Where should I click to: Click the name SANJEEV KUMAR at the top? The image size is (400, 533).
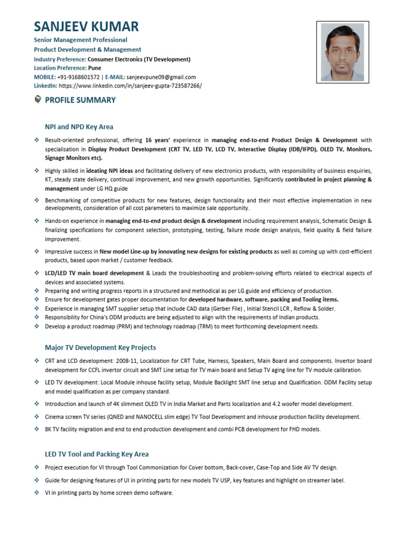[x=86, y=27]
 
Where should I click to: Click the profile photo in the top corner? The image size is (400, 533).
[x=342, y=52]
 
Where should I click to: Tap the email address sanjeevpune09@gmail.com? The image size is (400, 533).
[x=161, y=77]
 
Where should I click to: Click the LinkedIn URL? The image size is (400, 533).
[x=130, y=86]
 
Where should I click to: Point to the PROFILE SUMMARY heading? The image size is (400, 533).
[x=80, y=100]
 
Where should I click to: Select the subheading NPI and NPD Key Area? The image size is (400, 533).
[x=79, y=126]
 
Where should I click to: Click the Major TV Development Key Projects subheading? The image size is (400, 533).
[x=100, y=347]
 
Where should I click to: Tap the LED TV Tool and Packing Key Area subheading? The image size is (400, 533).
[x=96, y=454]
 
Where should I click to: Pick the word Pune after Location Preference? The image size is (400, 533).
[x=95, y=68]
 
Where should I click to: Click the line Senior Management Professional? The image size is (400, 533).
[x=80, y=40]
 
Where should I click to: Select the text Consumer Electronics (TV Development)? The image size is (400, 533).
[x=139, y=59]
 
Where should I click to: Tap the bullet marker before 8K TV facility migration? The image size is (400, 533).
[x=37, y=429]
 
